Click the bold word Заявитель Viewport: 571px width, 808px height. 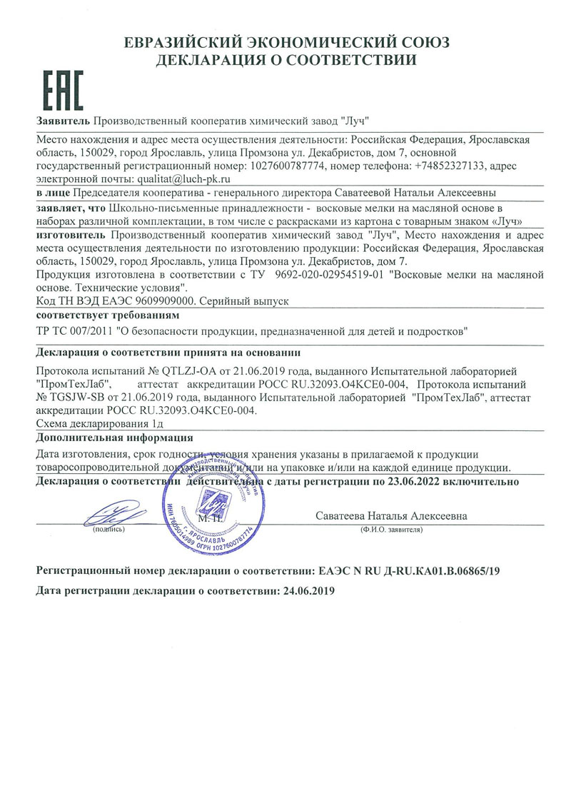click(x=63, y=119)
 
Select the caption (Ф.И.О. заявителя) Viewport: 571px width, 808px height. click(x=392, y=530)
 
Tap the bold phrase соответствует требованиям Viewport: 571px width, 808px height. click(x=107, y=315)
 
